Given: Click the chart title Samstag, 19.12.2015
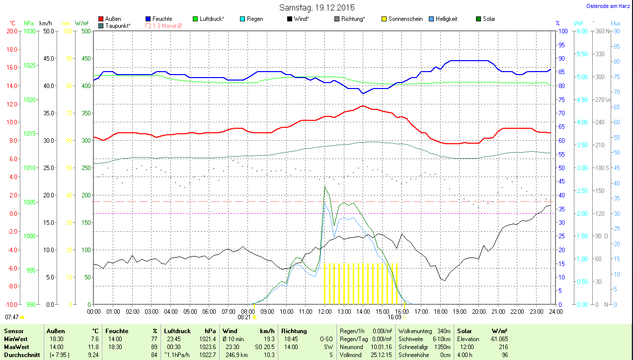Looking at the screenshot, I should pos(316,7).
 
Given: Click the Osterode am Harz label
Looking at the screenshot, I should pos(609,6).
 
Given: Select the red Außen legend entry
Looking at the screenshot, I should pos(113,19).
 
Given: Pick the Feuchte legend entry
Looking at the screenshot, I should pos(162,19).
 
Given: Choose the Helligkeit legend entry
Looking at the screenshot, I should pos(446,19).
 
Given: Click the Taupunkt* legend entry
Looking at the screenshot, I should pos(118,25).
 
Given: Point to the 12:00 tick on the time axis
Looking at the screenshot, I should pos(324,312).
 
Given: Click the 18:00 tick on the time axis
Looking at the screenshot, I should pos(440,312).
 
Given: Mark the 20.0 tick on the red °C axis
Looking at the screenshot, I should pos(11,31).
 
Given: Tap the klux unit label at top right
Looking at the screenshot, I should pos(616,23).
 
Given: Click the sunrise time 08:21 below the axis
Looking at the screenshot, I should pos(244,317).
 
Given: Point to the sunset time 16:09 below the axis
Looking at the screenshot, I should pos(395,317).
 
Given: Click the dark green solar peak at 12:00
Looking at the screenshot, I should pos(324,187).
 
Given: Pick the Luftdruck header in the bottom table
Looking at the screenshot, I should pos(177,331).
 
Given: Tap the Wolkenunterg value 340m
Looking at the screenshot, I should pos(444,331).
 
